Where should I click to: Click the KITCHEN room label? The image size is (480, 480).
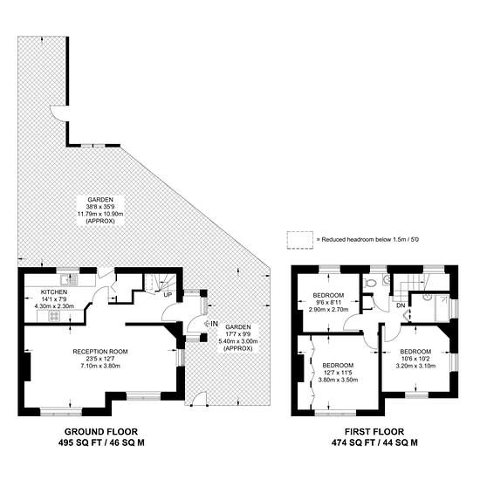pyautogui.click(x=54, y=292)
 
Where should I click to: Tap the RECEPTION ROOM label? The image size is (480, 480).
pyautogui.click(x=100, y=352)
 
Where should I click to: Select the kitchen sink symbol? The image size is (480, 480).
pyautogui.click(x=69, y=279)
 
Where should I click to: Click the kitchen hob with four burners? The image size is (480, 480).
pyautogui.click(x=54, y=316)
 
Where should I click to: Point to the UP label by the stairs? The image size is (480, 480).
pyautogui.click(x=168, y=295)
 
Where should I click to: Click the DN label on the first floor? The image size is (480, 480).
pyautogui.click(x=401, y=305)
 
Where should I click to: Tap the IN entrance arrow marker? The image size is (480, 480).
pyautogui.click(x=211, y=323)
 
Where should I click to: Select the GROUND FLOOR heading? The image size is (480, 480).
pyautogui.click(x=101, y=432)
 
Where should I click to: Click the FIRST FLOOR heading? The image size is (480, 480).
pyautogui.click(x=374, y=432)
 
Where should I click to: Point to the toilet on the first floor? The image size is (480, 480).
pyautogui.click(x=369, y=282)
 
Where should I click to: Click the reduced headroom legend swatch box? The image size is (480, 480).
pyautogui.click(x=300, y=240)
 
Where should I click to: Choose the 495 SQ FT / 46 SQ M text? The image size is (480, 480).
pyautogui.click(x=101, y=442)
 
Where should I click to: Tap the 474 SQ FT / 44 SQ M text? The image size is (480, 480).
pyautogui.click(x=374, y=442)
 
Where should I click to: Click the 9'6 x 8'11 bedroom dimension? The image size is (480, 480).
pyautogui.click(x=328, y=303)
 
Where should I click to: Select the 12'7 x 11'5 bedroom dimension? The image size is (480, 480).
pyautogui.click(x=338, y=373)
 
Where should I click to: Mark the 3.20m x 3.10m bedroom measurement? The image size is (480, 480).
pyautogui.click(x=415, y=366)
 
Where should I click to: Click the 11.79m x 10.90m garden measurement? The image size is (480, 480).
pyautogui.click(x=100, y=214)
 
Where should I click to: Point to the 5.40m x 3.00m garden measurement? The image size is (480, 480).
pyautogui.click(x=238, y=341)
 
